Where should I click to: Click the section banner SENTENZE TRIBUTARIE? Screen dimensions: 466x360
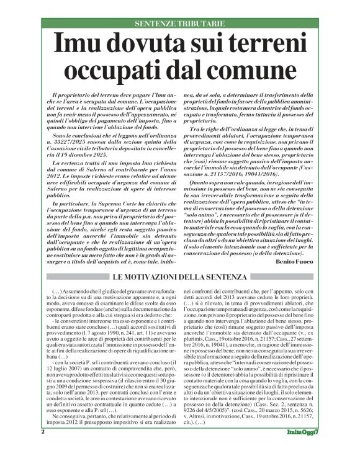(x=180, y=24)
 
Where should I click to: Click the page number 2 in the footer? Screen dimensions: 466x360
(x=43, y=448)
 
